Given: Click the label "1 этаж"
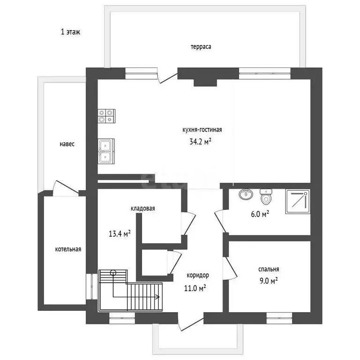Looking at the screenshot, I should [x=71, y=32].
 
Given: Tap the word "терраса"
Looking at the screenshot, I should [x=201, y=47].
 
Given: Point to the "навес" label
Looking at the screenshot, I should [x=67, y=144].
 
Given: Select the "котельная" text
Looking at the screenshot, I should [x=68, y=249].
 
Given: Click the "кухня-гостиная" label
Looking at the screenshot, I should [x=202, y=130].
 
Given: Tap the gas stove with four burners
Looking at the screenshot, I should [x=106, y=116].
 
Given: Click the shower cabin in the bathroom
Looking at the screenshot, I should [x=297, y=201].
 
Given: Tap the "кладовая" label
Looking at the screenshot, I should [x=143, y=209].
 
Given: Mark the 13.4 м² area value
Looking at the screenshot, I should [x=119, y=234].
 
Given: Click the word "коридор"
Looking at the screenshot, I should [x=197, y=275].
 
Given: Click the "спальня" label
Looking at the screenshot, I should [x=269, y=269].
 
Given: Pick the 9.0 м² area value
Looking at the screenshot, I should [x=268, y=281].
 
